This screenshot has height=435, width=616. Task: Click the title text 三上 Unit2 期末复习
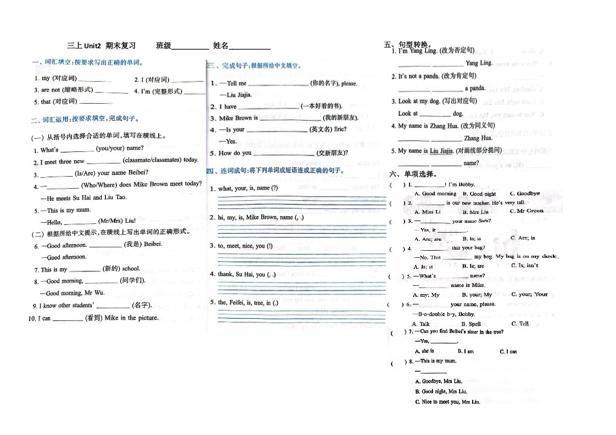(101, 46)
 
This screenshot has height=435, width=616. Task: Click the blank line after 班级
(190, 48)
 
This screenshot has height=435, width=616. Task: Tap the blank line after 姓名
(249, 48)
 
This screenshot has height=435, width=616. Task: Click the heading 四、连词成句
(275, 171)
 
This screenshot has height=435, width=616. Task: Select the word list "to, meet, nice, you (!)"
(245, 246)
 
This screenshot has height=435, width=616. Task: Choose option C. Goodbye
(524, 194)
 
